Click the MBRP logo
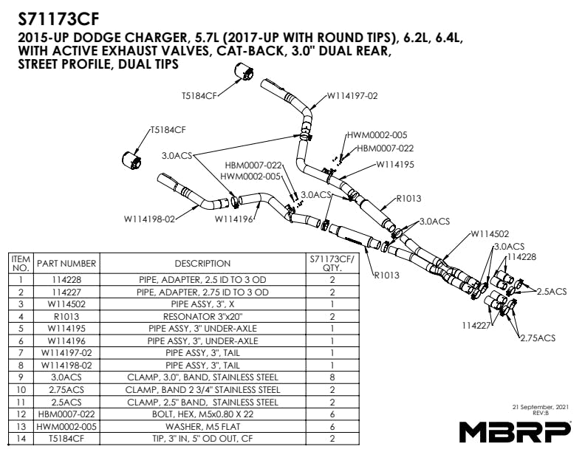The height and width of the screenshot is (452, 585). [516, 431]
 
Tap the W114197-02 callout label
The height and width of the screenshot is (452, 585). [353, 96]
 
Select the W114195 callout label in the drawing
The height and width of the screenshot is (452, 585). [395, 164]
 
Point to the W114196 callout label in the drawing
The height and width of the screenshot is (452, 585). [235, 219]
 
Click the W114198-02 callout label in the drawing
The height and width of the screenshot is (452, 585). [149, 219]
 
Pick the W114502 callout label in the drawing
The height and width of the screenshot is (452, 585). [490, 233]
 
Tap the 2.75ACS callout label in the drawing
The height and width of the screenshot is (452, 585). [538, 338]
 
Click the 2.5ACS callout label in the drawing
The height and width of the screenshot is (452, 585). [552, 291]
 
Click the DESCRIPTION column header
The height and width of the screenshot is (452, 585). [202, 263]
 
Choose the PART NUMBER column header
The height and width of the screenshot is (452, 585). [66, 263]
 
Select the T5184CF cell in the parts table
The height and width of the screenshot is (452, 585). [66, 438]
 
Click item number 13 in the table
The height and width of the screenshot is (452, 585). [21, 426]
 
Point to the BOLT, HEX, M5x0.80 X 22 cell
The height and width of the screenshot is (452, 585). [202, 414]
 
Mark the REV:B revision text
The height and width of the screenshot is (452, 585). [561, 414]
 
